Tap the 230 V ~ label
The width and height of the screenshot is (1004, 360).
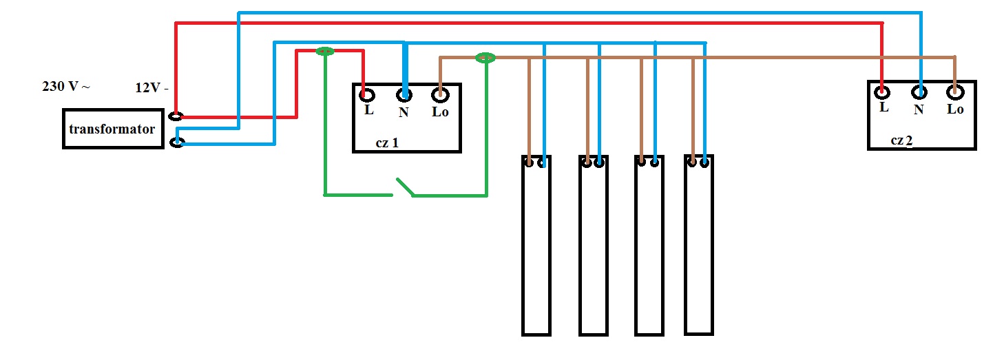(x=66, y=86)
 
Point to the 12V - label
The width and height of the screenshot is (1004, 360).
(x=151, y=87)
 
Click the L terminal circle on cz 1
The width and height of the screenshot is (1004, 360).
(x=367, y=95)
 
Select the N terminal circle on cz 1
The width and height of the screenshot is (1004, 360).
(x=404, y=95)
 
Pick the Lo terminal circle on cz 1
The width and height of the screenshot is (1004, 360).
(x=440, y=94)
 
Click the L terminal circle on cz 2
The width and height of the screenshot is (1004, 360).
(x=882, y=92)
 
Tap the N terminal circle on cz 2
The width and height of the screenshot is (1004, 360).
(x=919, y=93)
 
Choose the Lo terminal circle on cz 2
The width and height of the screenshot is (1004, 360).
(x=955, y=93)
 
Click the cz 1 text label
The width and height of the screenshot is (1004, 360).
(x=387, y=143)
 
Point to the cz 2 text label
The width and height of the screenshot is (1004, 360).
(x=901, y=140)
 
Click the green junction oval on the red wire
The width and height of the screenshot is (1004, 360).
(x=325, y=52)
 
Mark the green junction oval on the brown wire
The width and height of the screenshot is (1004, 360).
(x=485, y=58)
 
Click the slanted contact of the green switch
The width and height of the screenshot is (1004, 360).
(x=405, y=187)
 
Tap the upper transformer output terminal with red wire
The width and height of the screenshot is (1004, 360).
(x=176, y=117)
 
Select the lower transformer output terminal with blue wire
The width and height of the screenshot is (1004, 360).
(x=177, y=142)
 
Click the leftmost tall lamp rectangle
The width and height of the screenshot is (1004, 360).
(x=536, y=245)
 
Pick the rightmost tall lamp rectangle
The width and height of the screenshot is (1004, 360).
(x=699, y=245)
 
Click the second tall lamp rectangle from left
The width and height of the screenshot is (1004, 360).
(x=594, y=245)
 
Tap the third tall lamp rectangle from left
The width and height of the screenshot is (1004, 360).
(x=649, y=245)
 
